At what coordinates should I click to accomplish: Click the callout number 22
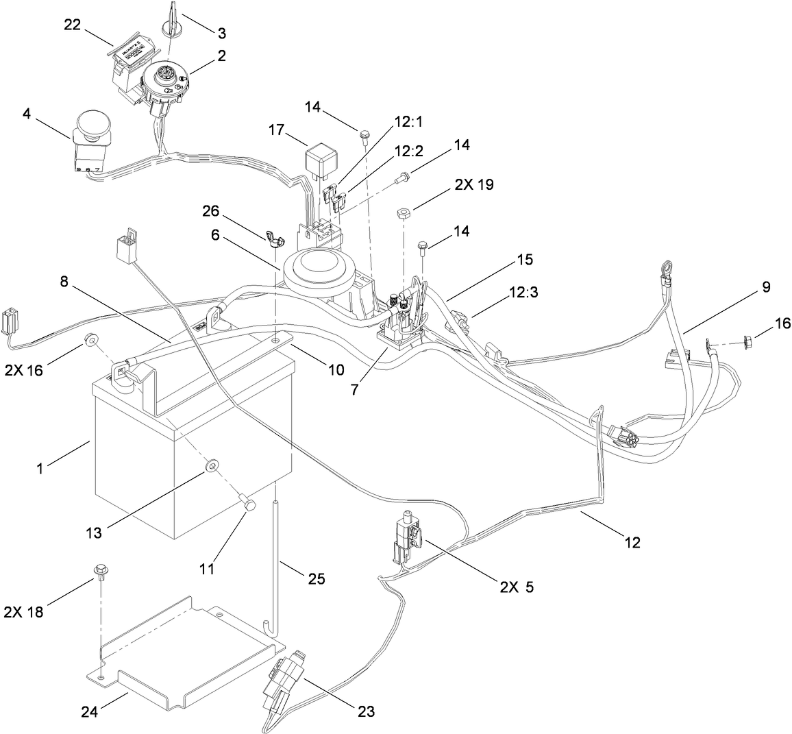click(x=72, y=25)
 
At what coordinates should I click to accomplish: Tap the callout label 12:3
click(x=523, y=293)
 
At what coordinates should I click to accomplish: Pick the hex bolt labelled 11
click(x=247, y=502)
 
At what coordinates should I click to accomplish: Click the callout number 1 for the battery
click(x=40, y=468)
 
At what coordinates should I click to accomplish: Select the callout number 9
click(x=766, y=287)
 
